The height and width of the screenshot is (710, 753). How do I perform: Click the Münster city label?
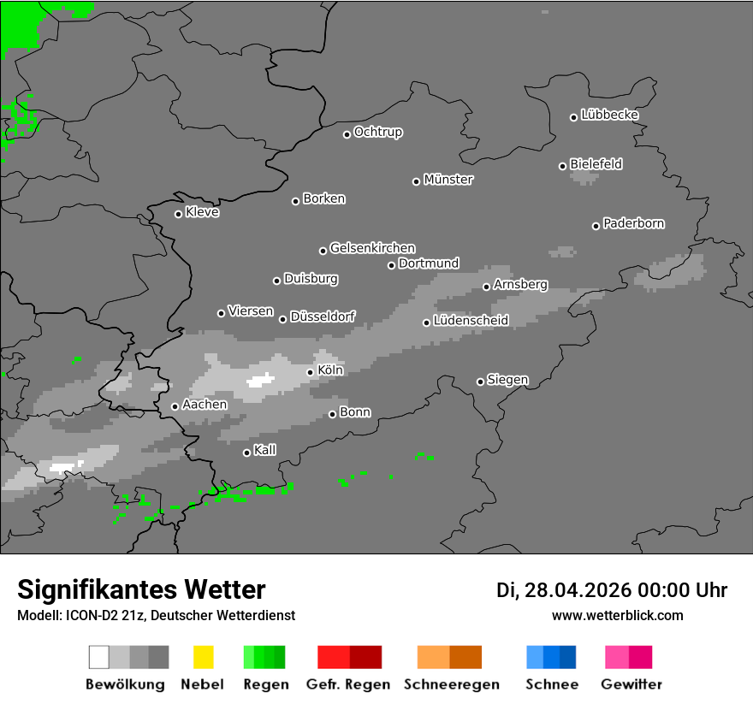coord(448,180)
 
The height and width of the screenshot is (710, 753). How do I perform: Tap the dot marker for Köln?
coord(310,372)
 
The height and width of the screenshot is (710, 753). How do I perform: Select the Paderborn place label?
coord(634,223)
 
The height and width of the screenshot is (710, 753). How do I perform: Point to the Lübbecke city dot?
coord(574,117)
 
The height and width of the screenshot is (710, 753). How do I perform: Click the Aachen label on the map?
coord(205,405)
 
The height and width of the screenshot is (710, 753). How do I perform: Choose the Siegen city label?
coord(507,380)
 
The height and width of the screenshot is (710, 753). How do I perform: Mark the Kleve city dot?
coord(178,214)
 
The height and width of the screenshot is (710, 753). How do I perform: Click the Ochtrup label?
coord(378,133)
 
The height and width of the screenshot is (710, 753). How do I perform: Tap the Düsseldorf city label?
coord(323,317)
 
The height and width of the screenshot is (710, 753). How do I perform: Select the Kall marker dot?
coord(246,453)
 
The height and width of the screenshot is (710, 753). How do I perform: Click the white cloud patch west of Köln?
coord(259,380)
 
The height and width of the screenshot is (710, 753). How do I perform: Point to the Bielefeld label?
coord(596,164)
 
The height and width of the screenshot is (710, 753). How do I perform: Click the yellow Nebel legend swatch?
coord(203,657)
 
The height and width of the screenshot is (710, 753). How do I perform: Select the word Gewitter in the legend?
coord(631,684)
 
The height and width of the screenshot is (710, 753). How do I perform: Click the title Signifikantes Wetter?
coord(141,589)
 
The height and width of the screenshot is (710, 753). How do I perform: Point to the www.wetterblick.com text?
coord(617,615)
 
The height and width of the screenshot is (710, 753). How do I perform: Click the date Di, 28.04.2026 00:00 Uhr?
coord(612,590)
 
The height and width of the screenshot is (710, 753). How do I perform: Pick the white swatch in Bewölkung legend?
coord(99,657)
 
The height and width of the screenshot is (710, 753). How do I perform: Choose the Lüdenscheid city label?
coord(471,321)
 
